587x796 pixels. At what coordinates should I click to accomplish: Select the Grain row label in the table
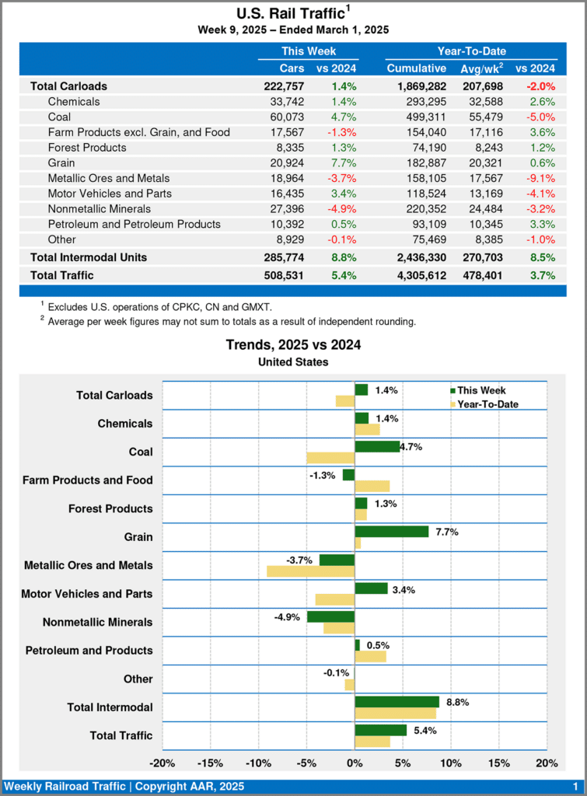(61, 162)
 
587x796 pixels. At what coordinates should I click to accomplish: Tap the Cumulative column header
(417, 68)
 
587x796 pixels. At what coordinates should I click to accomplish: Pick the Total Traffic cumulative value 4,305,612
(417, 274)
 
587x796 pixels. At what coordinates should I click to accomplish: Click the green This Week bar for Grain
(391, 532)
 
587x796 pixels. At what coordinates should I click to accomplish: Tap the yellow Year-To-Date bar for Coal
(330, 458)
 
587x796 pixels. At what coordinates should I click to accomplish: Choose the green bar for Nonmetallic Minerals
(330, 616)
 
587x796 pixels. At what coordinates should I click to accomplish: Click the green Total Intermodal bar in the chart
(397, 701)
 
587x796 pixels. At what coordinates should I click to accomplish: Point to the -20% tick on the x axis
(162, 762)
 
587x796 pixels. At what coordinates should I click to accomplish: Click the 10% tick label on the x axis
(451, 762)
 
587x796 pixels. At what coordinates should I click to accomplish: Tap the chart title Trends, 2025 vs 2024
(293, 344)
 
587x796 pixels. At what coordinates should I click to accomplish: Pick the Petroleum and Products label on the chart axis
(89, 650)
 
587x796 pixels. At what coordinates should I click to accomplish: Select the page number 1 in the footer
(575, 787)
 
